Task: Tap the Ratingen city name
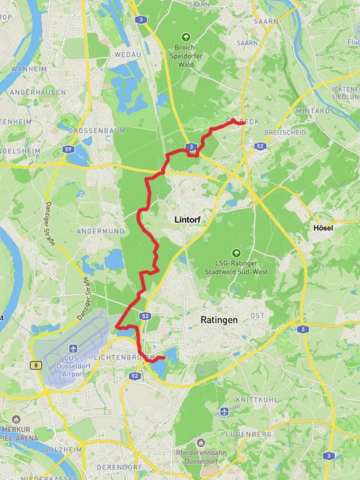[x=219, y=320]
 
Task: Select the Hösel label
[x=323, y=228]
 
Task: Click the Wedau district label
[x=128, y=54]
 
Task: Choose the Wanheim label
[x=29, y=69]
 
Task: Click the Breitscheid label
[x=285, y=132]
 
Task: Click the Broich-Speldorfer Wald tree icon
[x=186, y=37]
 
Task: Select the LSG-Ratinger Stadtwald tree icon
[x=236, y=253]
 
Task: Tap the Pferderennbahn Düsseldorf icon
[x=201, y=443]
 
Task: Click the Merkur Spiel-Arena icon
[x=16, y=420]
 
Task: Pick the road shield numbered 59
[x=68, y=149]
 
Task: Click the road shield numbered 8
[x=36, y=365]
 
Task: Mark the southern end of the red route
[x=164, y=357]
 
